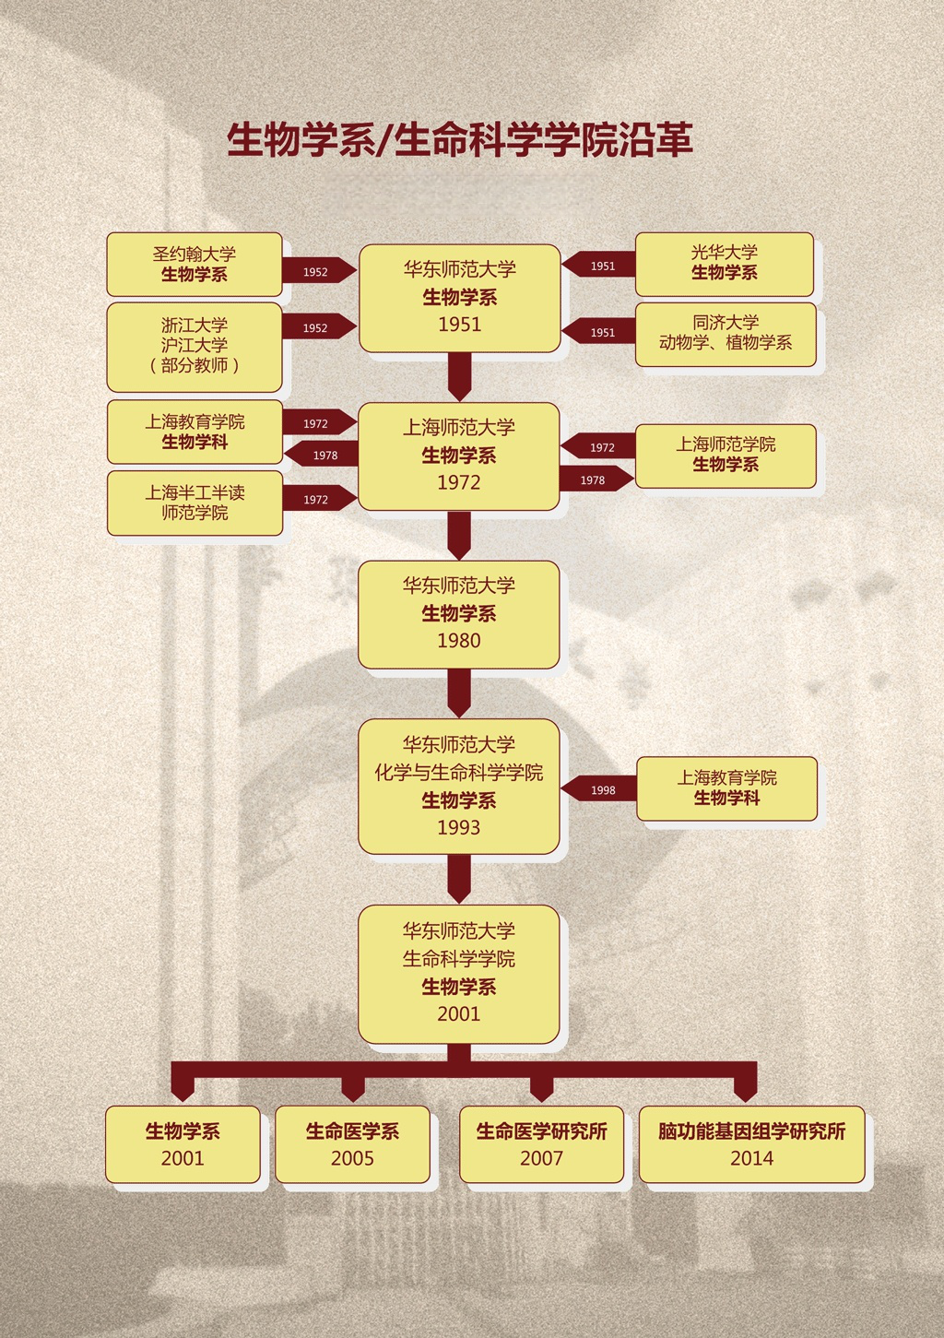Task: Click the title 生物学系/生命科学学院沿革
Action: pos(460,140)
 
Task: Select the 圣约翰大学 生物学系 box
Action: pos(194,264)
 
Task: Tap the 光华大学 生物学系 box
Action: pos(725,264)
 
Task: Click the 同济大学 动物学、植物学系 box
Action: pos(726,334)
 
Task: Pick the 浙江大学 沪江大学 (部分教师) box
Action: pos(194,347)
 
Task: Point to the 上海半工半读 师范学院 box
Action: pos(195,503)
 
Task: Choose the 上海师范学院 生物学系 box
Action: pos(726,456)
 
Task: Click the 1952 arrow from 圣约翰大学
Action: pos(320,270)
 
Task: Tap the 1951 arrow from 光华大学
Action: pos(598,265)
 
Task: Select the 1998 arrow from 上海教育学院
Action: pos(599,789)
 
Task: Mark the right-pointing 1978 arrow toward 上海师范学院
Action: pos(596,479)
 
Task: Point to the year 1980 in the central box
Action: pos(458,640)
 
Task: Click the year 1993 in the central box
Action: pos(458,827)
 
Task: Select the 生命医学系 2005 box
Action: pos(352,1143)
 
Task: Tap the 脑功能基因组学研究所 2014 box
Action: pos(751,1143)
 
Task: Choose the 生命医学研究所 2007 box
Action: pos(541,1143)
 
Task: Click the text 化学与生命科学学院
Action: pos(458,773)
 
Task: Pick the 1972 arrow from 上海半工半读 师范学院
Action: pos(320,498)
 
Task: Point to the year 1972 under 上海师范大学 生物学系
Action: pos(458,482)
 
